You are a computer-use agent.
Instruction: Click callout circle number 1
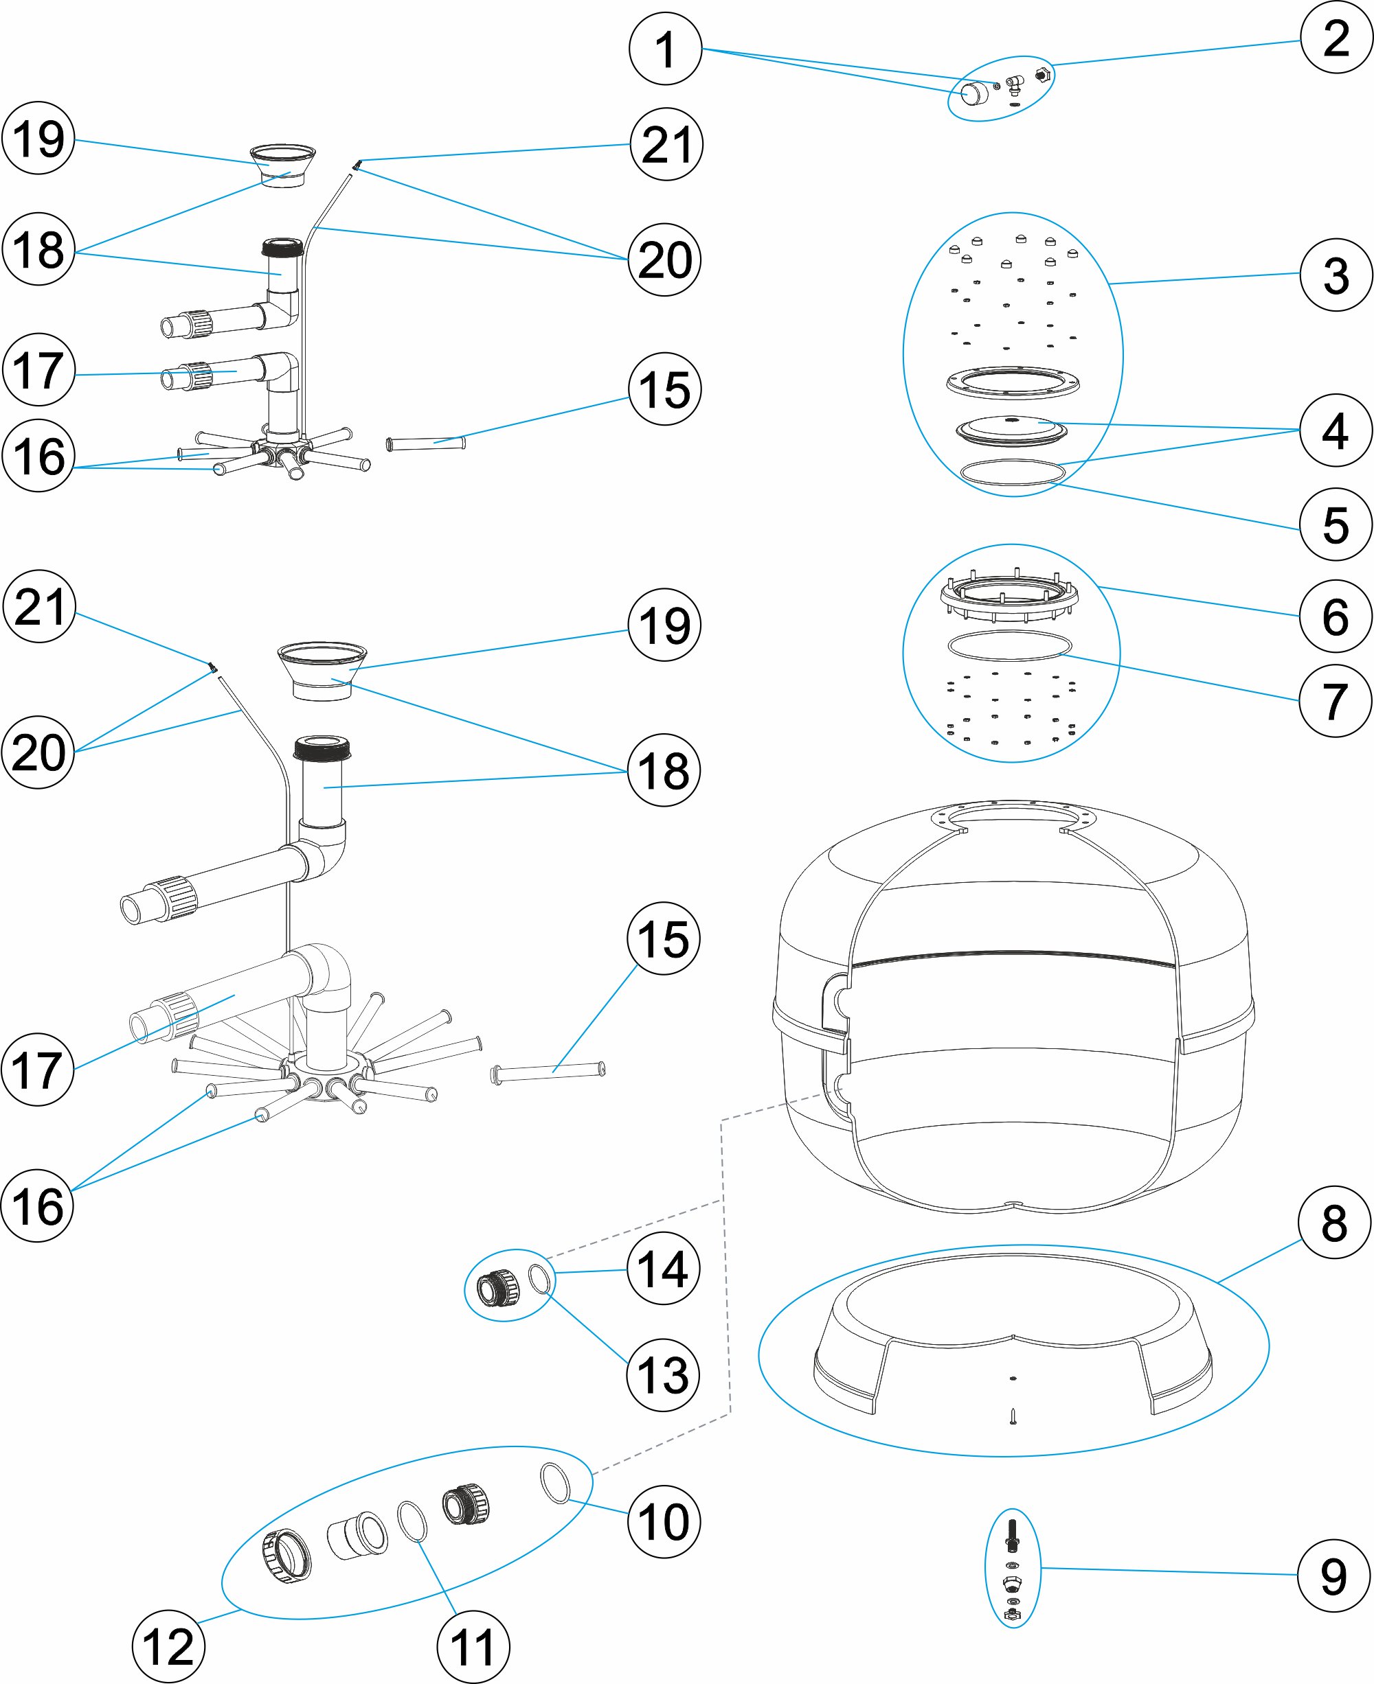pyautogui.click(x=665, y=49)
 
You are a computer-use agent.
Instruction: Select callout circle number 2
pyautogui.click(x=1337, y=38)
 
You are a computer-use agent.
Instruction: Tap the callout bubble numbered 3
pyautogui.click(x=1336, y=275)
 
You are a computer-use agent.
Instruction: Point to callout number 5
pyautogui.click(x=1336, y=524)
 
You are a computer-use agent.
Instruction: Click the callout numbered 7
pyautogui.click(x=1336, y=701)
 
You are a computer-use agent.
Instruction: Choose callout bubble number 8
pyautogui.click(x=1334, y=1222)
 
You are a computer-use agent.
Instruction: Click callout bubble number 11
pyautogui.click(x=473, y=1647)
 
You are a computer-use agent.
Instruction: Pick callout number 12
pyautogui.click(x=168, y=1647)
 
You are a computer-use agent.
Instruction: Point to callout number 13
pyautogui.click(x=662, y=1374)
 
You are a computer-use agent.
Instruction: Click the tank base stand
pyautogui.click(x=1013, y=1337)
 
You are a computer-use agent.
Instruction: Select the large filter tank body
pyautogui.click(x=1013, y=1004)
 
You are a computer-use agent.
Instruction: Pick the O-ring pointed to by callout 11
pyautogui.click(x=412, y=1521)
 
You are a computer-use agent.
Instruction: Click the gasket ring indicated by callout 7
pyautogui.click(x=1009, y=645)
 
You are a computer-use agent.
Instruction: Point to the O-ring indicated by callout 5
pyautogui.click(x=1013, y=472)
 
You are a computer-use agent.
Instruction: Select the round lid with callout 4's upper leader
pyautogui.click(x=1011, y=431)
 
